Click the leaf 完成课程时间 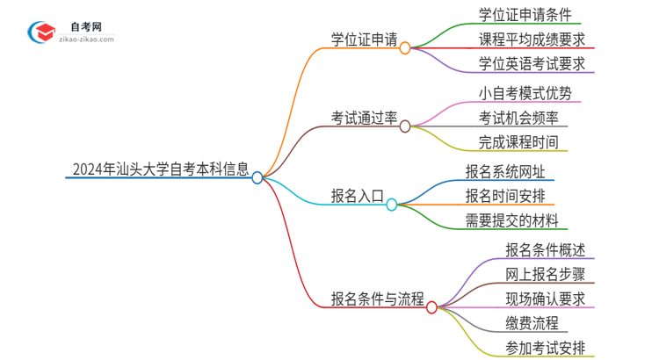click(518, 141)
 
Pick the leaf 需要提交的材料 click(511, 220)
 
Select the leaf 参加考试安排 click(545, 347)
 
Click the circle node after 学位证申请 click(405, 48)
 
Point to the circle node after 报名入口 click(392, 205)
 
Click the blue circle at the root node click(257, 177)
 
